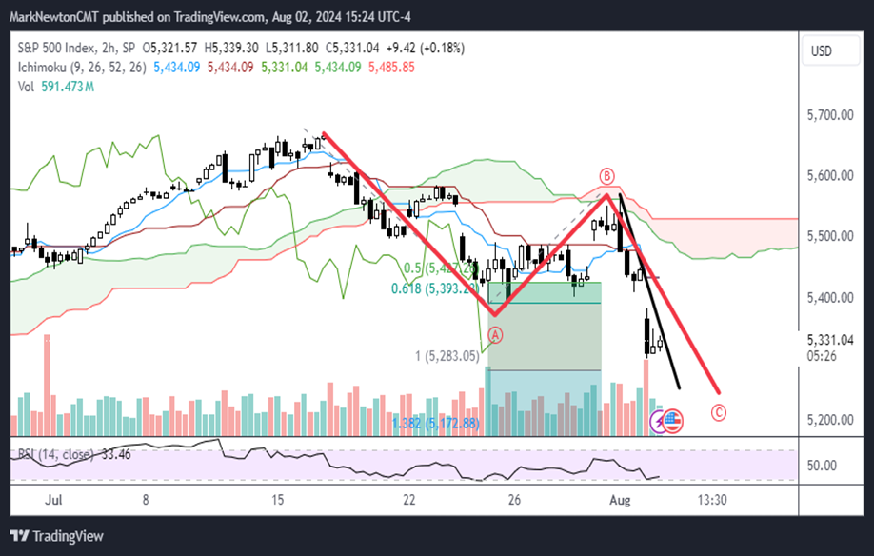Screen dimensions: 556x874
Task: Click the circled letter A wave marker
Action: coord(495,334)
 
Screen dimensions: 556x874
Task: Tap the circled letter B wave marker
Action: coord(606,176)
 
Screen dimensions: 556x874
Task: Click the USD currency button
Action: coord(821,50)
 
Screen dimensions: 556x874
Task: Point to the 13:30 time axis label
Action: coord(712,499)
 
